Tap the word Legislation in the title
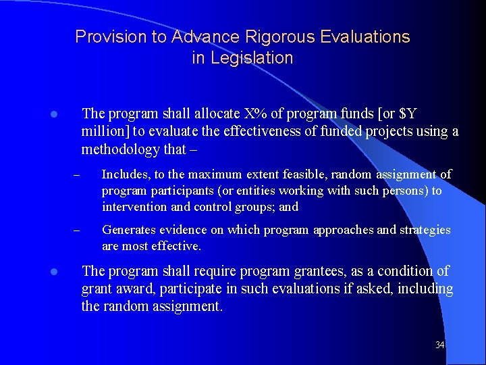[x=243, y=58]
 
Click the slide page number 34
[x=440, y=345]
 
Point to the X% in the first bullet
[x=256, y=113]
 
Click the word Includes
[x=124, y=174]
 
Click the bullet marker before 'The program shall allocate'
[x=53, y=114]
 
